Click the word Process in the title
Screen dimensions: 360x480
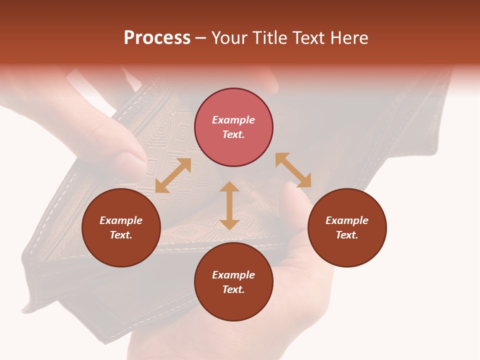tap(157, 38)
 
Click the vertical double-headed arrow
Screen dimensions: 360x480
tap(229, 205)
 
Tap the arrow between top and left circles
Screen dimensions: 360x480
tap(173, 175)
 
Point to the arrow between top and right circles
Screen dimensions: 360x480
tap(293, 170)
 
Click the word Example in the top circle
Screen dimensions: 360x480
tap(233, 120)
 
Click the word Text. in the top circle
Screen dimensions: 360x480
tap(233, 134)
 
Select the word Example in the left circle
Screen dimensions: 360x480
tap(121, 220)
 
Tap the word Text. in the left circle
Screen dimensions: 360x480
tap(121, 235)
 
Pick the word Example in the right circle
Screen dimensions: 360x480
tap(347, 220)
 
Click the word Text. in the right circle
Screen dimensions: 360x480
tap(347, 235)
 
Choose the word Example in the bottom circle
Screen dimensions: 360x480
tap(233, 275)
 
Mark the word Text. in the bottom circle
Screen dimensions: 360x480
tap(233, 289)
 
